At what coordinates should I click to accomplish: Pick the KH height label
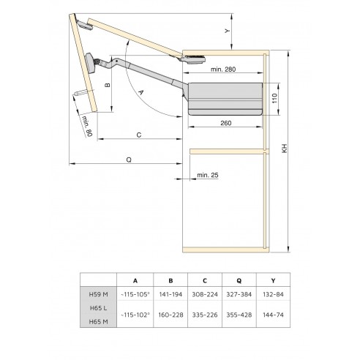(x=282, y=146)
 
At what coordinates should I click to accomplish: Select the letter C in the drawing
(x=138, y=134)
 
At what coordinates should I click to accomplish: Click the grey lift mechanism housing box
(x=225, y=97)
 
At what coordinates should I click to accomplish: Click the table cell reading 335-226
(x=206, y=315)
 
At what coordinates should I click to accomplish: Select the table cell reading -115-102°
(x=134, y=315)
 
